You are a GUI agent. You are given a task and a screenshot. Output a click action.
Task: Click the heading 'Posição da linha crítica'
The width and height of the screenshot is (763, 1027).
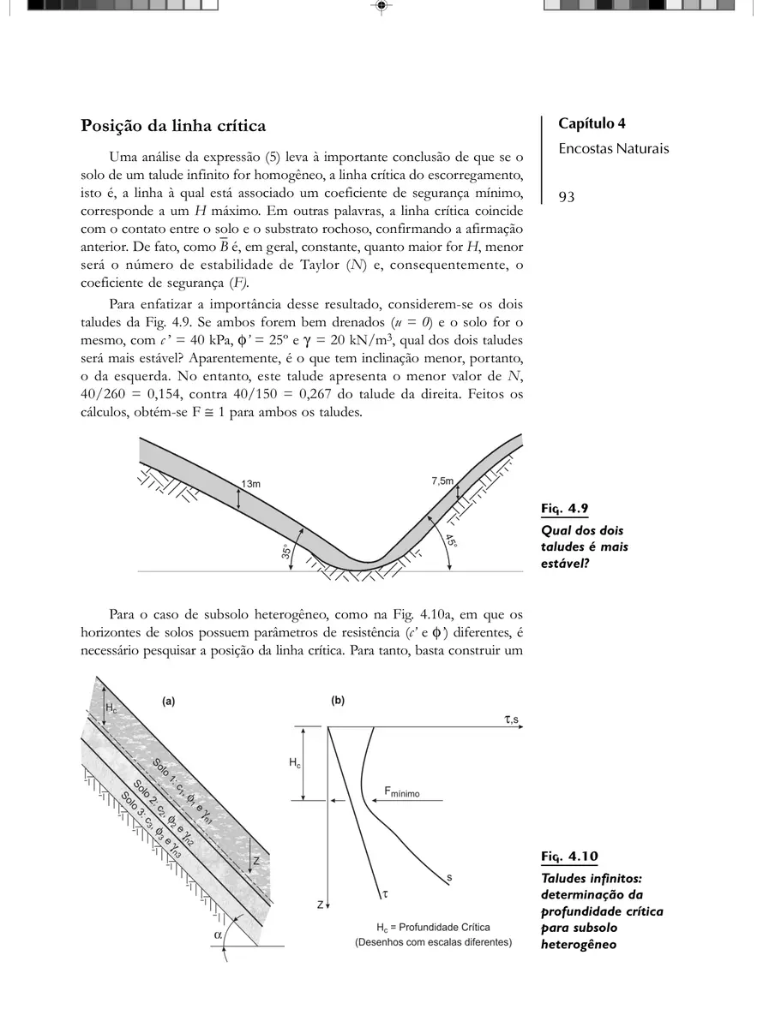click(x=173, y=126)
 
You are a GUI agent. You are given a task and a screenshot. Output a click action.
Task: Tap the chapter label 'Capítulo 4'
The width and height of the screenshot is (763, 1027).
click(x=598, y=123)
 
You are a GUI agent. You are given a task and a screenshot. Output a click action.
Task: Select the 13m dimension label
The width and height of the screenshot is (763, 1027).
click(x=250, y=484)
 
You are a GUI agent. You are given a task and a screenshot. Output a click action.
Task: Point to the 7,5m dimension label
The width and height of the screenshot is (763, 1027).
click(x=442, y=481)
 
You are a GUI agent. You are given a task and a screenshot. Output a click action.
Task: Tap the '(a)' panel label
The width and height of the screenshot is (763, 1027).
click(x=169, y=701)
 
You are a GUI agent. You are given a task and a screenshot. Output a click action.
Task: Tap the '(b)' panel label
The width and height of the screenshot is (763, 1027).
click(x=338, y=701)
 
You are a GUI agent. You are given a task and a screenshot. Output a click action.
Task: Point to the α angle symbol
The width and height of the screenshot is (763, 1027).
click(x=219, y=936)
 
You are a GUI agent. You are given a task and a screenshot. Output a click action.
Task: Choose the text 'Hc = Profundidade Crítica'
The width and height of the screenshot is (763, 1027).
click(x=433, y=928)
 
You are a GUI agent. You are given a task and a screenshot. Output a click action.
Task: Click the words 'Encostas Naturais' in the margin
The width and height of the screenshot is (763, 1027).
click(x=613, y=149)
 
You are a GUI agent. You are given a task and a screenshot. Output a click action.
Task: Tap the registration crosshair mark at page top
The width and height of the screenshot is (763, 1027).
click(x=381, y=6)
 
